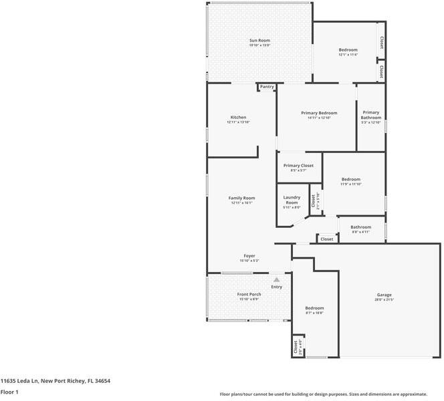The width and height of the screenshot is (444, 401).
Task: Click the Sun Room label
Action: point(259,41)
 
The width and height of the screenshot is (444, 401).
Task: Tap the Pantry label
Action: point(267,86)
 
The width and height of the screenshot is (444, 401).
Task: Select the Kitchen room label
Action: point(238,118)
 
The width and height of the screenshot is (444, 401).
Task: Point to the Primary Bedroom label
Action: point(318,113)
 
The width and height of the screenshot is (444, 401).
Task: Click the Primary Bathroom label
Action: point(371,115)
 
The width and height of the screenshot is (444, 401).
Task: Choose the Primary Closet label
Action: point(298,166)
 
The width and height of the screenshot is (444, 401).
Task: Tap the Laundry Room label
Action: point(292,199)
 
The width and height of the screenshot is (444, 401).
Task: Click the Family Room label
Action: point(241,198)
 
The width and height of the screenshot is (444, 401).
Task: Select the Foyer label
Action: point(249,256)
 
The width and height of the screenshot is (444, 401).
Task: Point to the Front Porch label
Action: point(249,294)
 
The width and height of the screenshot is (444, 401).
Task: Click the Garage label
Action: point(384,295)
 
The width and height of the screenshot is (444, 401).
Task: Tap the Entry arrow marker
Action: point(276,280)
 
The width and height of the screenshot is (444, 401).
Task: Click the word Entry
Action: point(276,287)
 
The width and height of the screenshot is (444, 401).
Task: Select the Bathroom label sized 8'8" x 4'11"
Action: point(361,227)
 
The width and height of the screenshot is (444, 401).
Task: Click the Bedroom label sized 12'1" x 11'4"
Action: point(348,50)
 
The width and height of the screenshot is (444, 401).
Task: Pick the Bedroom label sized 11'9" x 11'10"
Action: point(351,179)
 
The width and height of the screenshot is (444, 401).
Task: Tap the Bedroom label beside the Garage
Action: point(314,308)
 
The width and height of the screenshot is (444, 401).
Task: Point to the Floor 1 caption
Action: point(9,392)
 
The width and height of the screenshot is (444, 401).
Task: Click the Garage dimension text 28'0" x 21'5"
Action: point(384,300)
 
